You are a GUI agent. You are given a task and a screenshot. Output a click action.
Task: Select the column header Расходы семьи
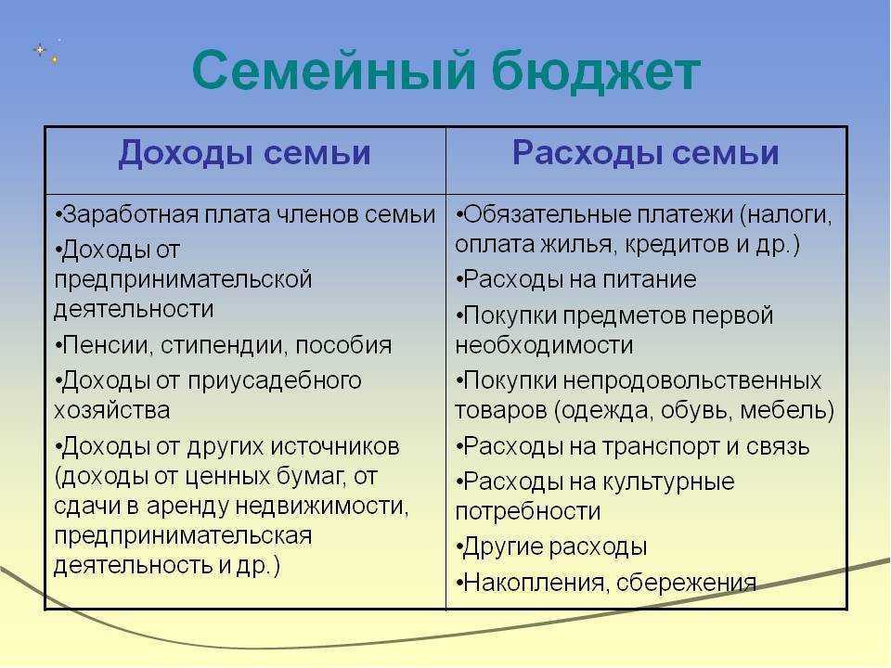tap(646, 154)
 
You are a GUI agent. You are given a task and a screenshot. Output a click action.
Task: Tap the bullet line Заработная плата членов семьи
tap(245, 215)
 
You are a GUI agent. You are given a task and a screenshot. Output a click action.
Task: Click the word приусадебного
tap(288, 381)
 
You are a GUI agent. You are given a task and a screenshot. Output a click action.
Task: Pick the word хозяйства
tap(111, 410)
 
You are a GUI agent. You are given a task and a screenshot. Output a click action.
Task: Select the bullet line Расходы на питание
tap(576, 280)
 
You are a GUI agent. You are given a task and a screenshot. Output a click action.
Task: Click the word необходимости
tap(544, 346)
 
